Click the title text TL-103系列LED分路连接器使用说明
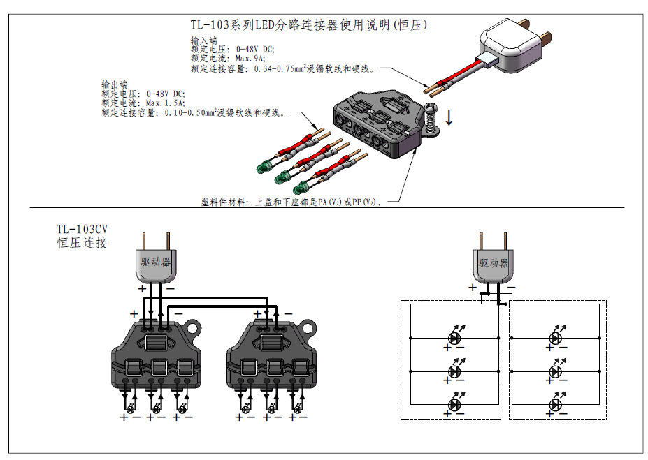308,25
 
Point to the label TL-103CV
82,229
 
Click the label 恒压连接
82,244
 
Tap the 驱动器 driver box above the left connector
155,263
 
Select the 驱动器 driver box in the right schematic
494,264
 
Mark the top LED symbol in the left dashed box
456,338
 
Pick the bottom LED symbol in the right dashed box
556,405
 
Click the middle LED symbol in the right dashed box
556,371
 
